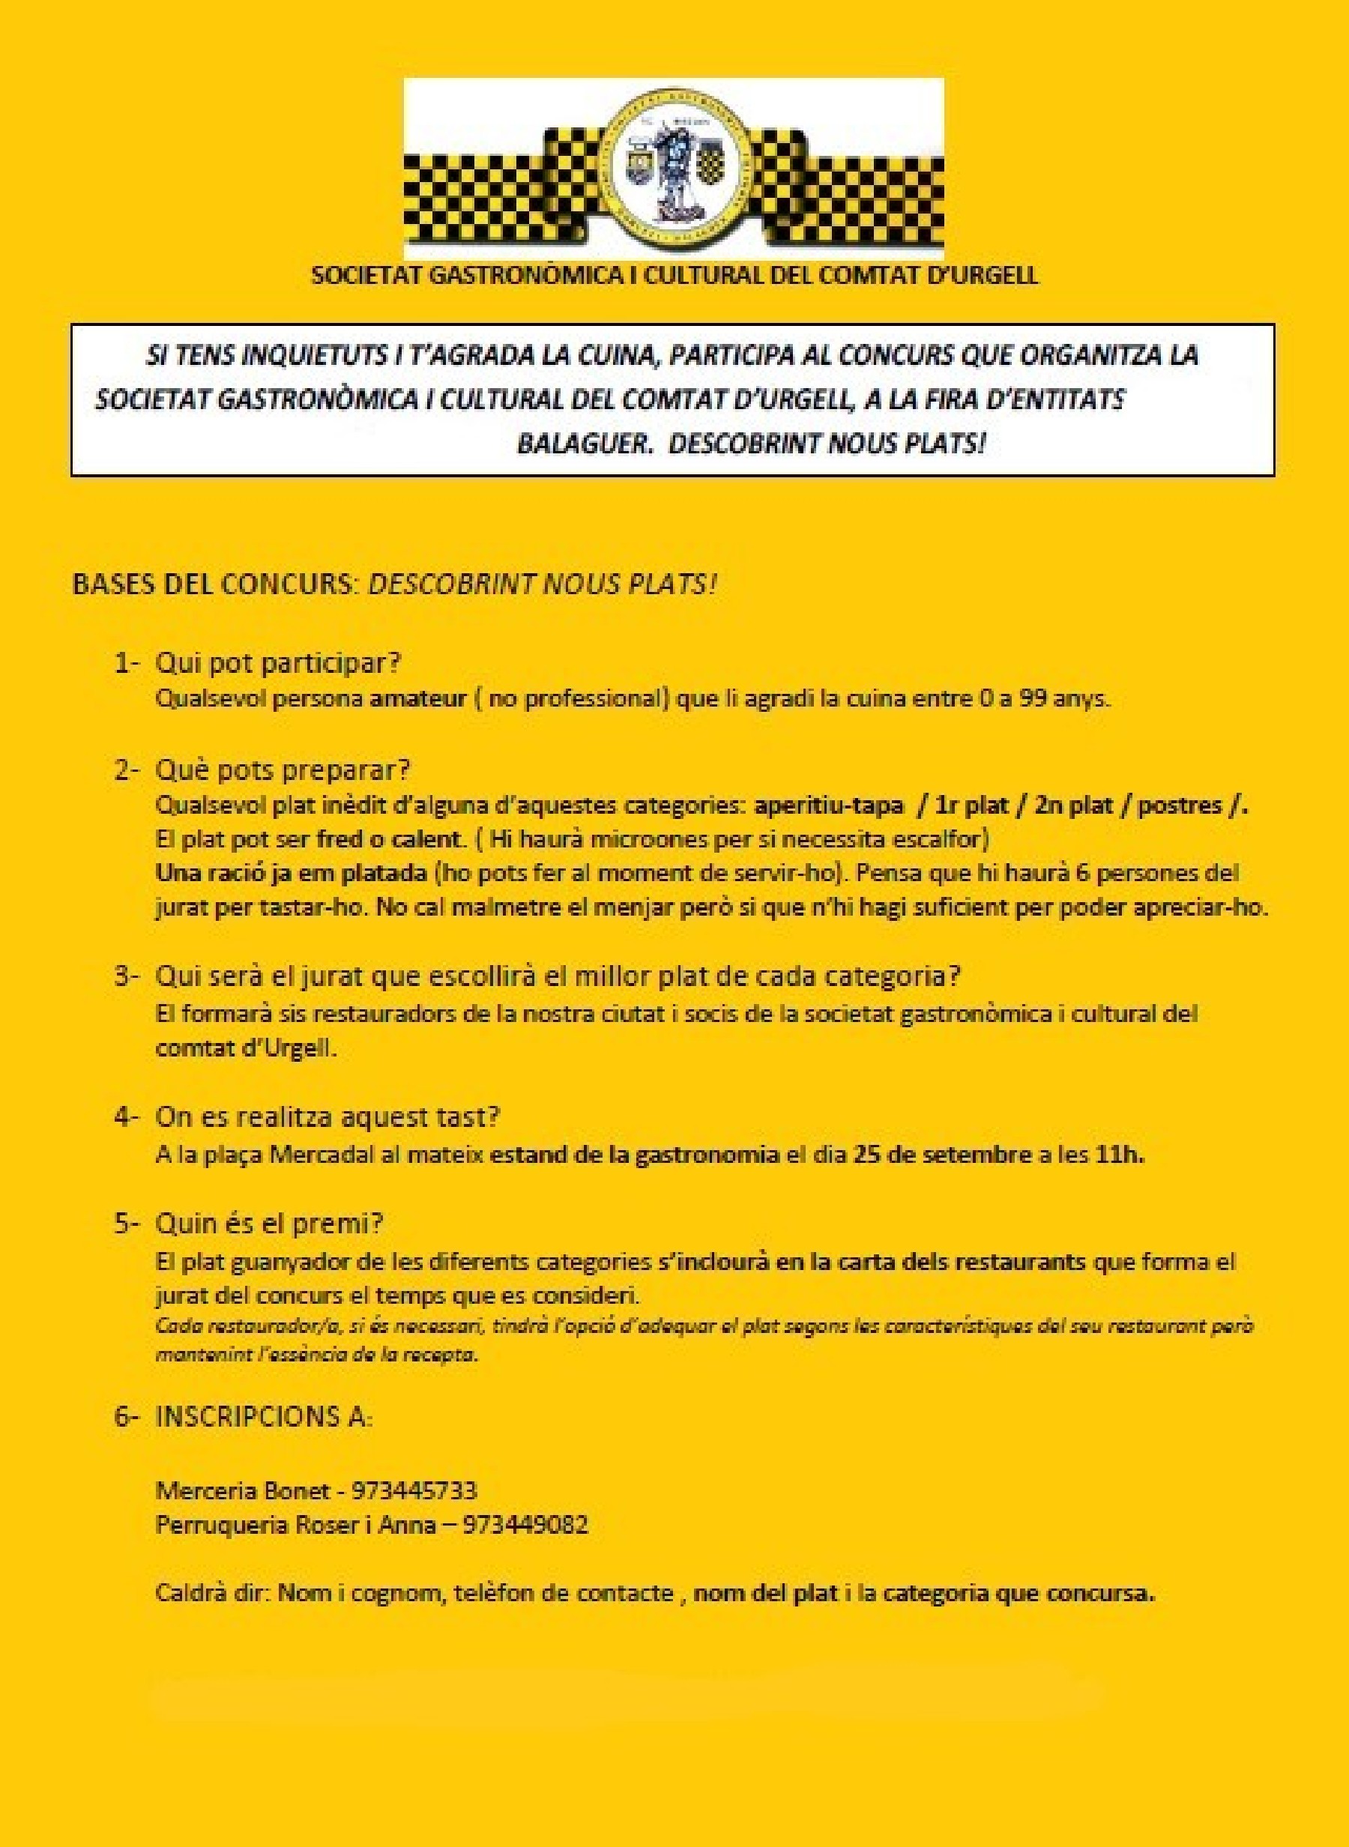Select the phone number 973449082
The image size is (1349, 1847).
click(525, 1525)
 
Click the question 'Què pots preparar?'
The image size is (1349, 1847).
click(283, 770)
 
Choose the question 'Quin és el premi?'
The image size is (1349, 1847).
click(270, 1224)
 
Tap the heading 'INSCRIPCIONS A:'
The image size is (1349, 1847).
click(264, 1416)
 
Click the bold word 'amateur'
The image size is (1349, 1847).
click(418, 699)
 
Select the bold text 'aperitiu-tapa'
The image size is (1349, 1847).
click(829, 805)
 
